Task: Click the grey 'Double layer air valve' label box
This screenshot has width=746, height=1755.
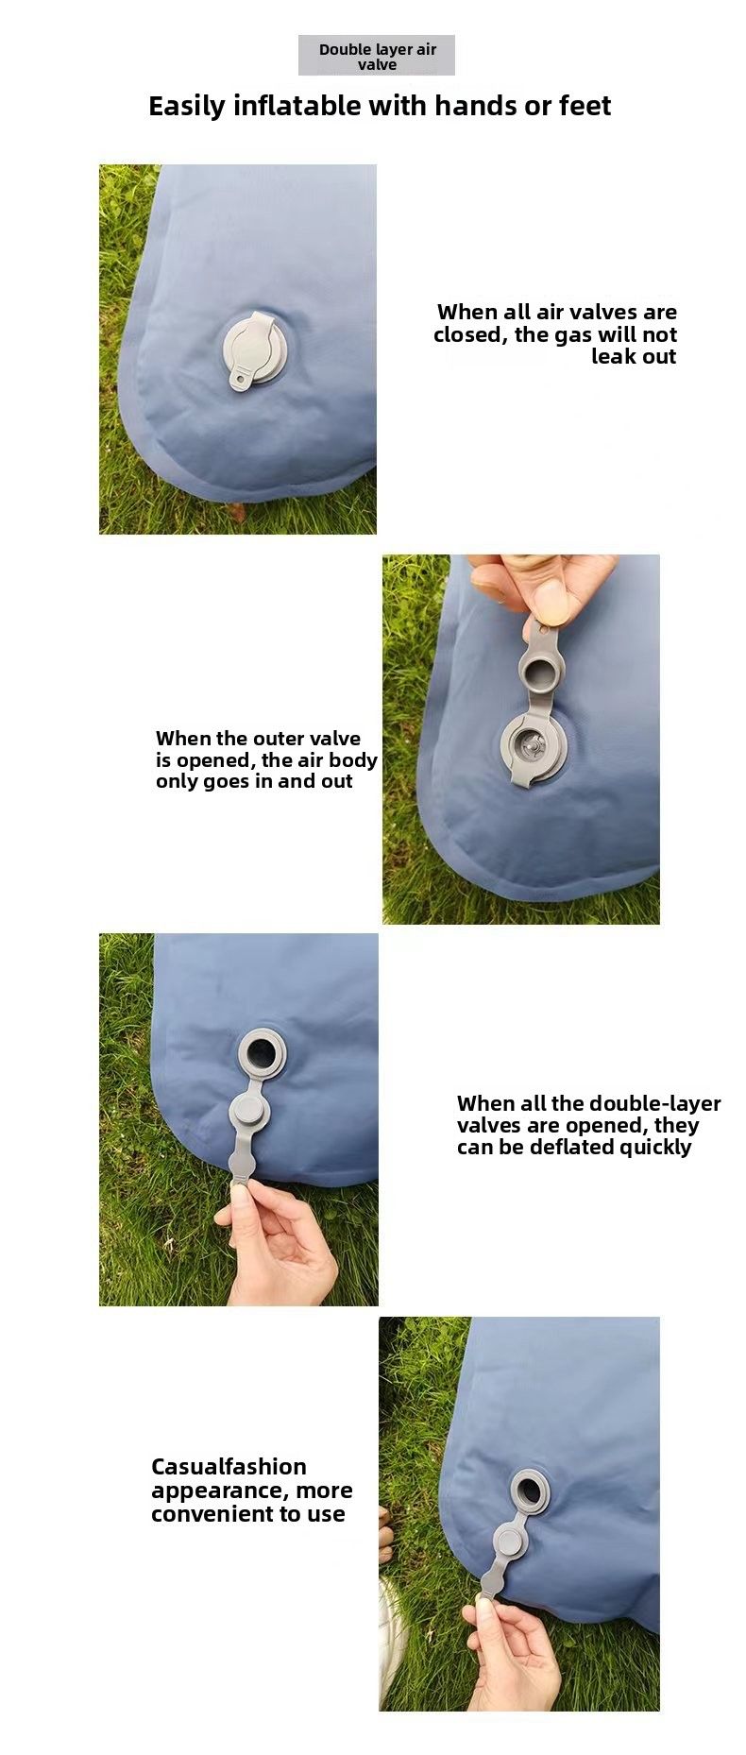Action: point(377,56)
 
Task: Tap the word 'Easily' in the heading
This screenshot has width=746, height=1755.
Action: point(186,107)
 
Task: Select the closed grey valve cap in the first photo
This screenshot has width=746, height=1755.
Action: point(253,349)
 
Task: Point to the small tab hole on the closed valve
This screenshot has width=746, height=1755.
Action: point(239,381)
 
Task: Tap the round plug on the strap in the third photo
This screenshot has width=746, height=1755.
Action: point(250,1113)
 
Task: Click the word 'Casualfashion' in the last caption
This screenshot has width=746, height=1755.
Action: point(229,1467)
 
